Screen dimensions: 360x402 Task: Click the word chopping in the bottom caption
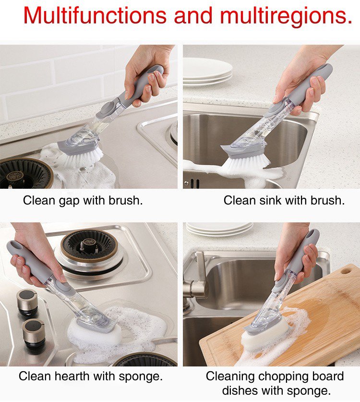point(282,377)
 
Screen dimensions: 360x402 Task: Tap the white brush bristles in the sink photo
point(247,165)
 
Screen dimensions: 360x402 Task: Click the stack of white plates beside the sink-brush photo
point(207,71)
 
